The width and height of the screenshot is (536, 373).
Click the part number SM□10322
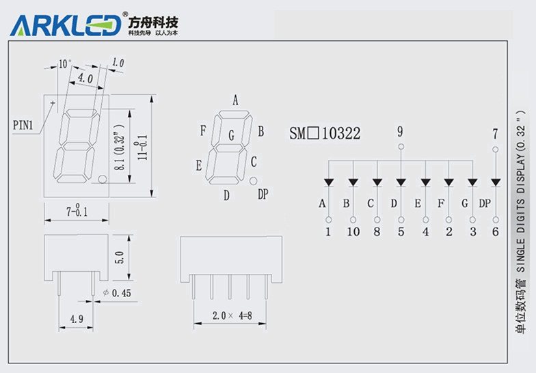[x=325, y=133]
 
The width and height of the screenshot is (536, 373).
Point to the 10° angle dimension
[x=64, y=64]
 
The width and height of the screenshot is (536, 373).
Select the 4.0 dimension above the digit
[x=85, y=79]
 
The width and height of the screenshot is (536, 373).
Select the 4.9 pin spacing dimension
[x=76, y=318]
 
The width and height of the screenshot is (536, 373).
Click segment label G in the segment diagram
[x=232, y=136]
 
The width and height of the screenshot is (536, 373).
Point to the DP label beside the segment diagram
[x=263, y=195]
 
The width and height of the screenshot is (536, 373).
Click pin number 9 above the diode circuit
[x=400, y=130]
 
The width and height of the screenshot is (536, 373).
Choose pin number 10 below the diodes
[x=353, y=232]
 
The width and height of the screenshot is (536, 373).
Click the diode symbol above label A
[x=329, y=182]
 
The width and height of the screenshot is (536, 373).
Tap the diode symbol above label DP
[x=495, y=182]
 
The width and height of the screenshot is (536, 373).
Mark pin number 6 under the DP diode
[x=495, y=232]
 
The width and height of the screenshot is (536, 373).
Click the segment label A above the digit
[x=235, y=100]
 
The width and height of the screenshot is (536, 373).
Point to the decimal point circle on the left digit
[x=101, y=180]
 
